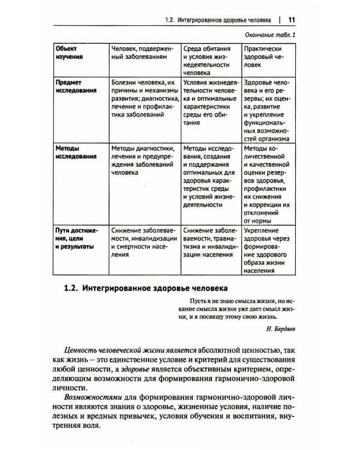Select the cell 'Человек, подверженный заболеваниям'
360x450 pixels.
pos(143,53)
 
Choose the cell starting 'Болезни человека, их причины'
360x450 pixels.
pos(145,98)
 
